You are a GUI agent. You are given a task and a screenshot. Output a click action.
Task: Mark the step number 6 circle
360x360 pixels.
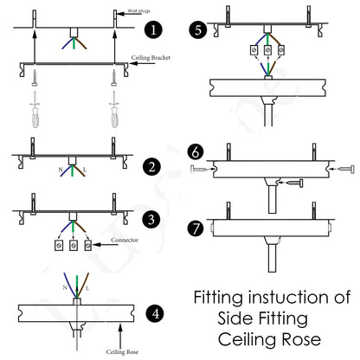click(x=197, y=152)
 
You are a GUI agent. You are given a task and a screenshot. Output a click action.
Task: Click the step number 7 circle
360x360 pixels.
click(x=197, y=229)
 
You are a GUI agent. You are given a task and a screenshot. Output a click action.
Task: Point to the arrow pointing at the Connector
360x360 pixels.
click(x=106, y=247)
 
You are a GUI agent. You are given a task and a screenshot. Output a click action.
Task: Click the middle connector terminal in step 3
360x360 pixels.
click(x=72, y=247)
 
